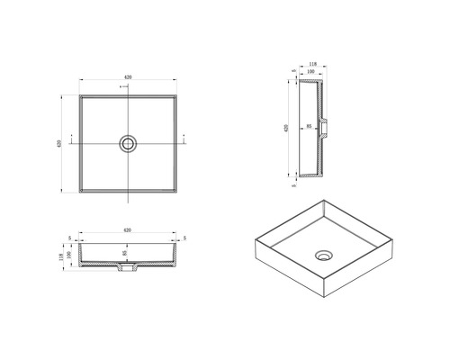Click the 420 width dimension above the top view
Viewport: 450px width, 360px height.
pyautogui.click(x=129, y=79)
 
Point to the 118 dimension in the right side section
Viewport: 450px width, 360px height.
pyautogui.click(x=312, y=66)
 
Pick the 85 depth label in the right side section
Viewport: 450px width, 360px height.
pyautogui.click(x=308, y=126)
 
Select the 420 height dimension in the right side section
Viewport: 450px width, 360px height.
pyautogui.click(x=286, y=127)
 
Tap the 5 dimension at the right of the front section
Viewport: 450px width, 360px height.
pyautogui.click(x=184, y=238)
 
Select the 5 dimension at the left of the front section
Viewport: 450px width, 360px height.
pyautogui.click(x=71, y=238)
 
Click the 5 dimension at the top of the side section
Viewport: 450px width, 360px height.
pyautogui.click(x=293, y=69)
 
